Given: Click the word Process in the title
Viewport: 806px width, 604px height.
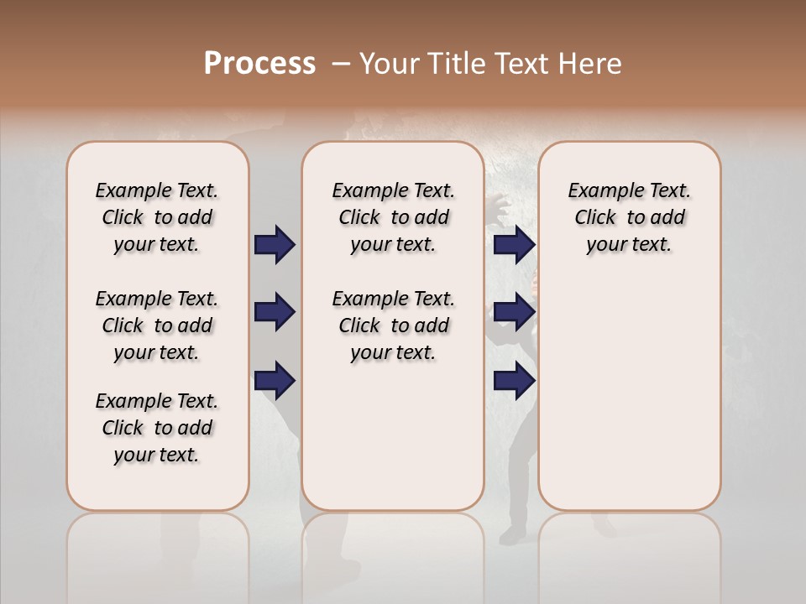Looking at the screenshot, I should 259,64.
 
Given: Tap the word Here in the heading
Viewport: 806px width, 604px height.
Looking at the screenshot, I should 591,64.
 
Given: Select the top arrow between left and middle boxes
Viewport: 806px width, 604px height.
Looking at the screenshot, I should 275,244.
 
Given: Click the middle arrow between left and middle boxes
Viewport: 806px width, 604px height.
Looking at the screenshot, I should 275,312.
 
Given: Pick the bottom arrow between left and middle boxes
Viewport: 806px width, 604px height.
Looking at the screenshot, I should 275,381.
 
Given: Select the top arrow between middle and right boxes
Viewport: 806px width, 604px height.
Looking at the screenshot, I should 514,244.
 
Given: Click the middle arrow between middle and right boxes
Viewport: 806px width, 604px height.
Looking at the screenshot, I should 514,312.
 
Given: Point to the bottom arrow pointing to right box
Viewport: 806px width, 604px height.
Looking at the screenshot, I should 514,381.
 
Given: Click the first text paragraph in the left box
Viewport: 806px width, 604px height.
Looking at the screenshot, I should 157,217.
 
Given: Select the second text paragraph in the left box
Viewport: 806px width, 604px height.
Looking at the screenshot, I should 157,325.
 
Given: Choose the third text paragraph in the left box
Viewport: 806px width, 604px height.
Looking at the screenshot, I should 157,428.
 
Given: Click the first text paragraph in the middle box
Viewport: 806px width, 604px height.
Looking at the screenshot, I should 393,217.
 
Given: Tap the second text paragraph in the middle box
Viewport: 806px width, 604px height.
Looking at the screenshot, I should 393,325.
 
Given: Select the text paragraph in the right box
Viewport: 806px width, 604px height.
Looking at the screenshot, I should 629,217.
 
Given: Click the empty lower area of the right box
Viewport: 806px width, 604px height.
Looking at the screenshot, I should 629,403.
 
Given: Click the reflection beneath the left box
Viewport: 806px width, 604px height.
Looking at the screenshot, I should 158,554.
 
